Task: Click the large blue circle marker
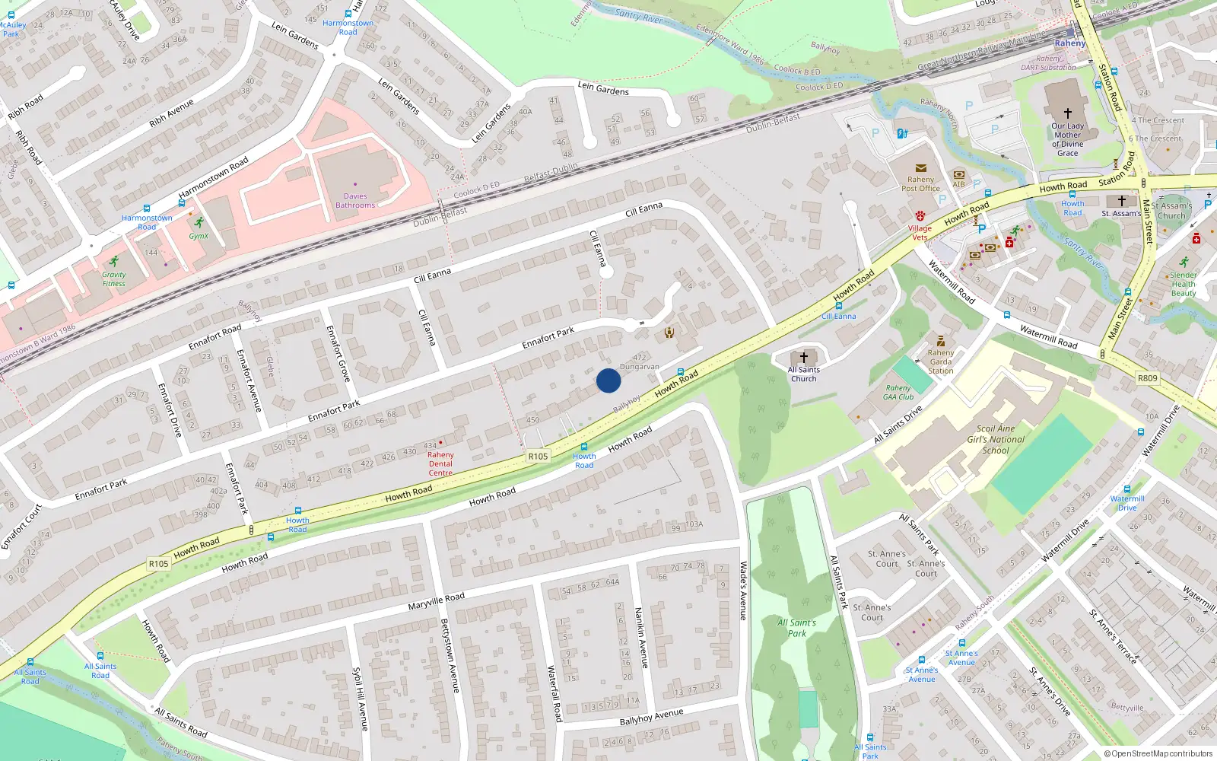[608, 380]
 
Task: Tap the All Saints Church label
[804, 374]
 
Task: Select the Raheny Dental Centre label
[440, 463]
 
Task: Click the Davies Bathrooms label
[355, 201]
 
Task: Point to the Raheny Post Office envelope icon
[920, 168]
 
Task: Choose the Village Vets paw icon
[920, 216]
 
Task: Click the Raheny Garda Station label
[941, 361]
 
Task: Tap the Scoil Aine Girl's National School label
[996, 439]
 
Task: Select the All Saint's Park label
[796, 628]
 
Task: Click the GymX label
[199, 236]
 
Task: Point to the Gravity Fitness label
[114, 279]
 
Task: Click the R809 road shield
[1147, 378]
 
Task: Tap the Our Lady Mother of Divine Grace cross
[1067, 113]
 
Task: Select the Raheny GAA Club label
[898, 393]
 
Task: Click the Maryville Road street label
[436, 601]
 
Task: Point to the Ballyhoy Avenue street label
[651, 717]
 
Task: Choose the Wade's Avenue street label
[744, 591]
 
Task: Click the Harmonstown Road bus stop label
[147, 222]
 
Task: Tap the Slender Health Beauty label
[1184, 284]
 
